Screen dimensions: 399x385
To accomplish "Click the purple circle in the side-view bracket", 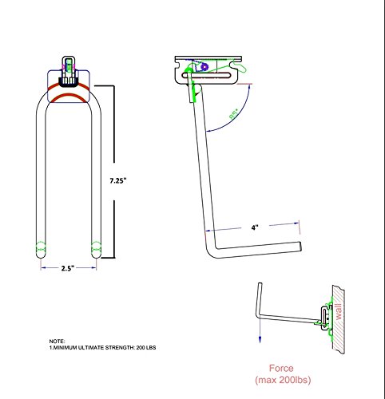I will coord(204,67).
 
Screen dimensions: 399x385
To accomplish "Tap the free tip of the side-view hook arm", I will coord(300,245).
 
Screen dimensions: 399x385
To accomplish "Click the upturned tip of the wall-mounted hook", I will coord(257,285).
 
